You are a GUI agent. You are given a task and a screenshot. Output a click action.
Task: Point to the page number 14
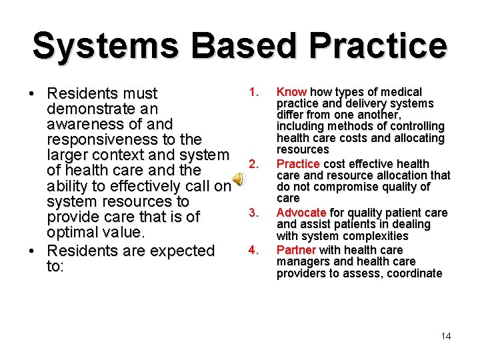tap(446, 336)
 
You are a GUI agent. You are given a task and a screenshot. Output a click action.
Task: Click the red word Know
tap(291, 92)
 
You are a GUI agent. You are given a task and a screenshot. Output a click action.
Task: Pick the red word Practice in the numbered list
tap(298, 164)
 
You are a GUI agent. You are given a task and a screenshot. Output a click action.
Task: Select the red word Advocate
tap(301, 213)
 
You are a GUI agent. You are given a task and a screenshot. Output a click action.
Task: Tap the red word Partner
tap(296, 249)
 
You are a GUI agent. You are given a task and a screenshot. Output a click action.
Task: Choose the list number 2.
tap(253, 164)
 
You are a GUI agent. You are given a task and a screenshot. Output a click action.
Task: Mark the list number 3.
tap(253, 213)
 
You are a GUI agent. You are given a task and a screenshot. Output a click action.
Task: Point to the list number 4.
tap(253, 250)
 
